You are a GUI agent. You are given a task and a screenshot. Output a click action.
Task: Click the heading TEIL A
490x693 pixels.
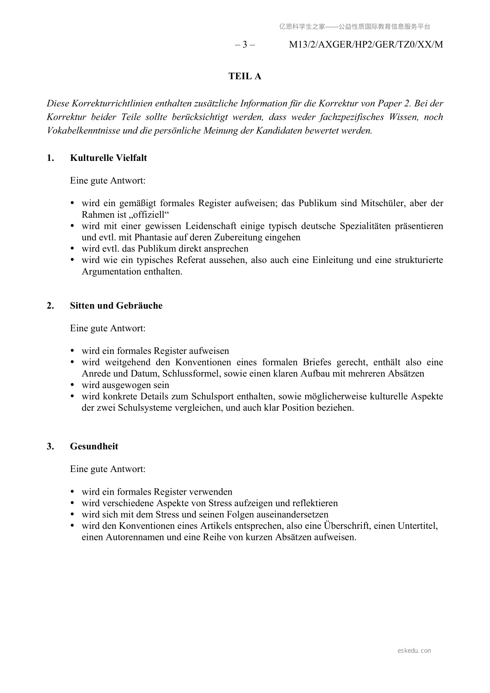[x=245, y=77]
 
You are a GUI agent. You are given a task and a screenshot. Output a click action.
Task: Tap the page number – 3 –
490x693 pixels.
[x=245, y=45]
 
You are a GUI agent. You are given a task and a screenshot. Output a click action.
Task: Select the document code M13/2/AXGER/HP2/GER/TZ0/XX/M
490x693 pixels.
[x=366, y=45]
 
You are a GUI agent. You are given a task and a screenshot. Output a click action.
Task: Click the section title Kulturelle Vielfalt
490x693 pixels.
[x=108, y=158]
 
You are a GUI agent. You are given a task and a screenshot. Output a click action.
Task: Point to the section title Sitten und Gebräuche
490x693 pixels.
[x=116, y=306]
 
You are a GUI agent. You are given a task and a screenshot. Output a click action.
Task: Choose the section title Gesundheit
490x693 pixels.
[x=94, y=446]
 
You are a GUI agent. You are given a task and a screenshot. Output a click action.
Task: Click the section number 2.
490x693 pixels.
[x=50, y=306]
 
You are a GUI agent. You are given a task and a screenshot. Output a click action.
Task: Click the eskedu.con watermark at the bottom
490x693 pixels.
[x=414, y=651]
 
